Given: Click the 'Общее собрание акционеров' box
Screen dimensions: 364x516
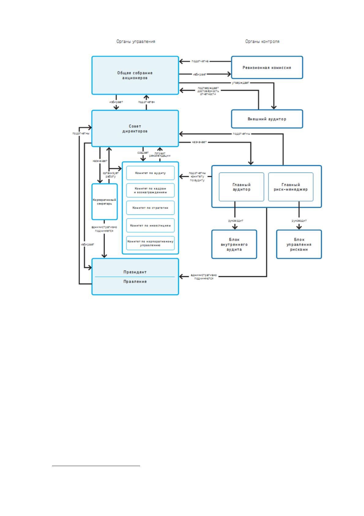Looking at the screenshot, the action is [135, 75].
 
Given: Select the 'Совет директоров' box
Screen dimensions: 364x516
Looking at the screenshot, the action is [135, 128].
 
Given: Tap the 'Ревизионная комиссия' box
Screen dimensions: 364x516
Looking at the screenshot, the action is [267, 67].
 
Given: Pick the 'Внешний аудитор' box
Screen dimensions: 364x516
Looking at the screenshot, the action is [267, 119].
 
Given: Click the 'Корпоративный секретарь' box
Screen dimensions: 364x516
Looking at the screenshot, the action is [105, 202].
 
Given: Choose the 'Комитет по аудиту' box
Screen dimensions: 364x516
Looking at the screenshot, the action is [150, 173].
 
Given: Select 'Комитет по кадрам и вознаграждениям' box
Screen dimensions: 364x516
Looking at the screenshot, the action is [150, 190].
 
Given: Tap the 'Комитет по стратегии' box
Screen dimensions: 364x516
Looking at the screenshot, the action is [150, 208].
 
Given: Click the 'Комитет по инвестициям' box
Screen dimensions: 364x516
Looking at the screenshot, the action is [150, 226].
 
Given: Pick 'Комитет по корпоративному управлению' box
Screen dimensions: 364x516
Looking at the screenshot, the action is [150, 243].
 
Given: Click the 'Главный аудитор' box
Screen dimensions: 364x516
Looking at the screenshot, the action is [241, 187].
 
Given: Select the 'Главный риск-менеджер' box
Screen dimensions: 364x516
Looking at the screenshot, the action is [291, 187].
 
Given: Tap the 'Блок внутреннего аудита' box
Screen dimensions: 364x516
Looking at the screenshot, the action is [234, 245].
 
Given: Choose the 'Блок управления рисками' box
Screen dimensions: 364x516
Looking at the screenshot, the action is [299, 245].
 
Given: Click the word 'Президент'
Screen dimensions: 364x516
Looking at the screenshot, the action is [135, 272].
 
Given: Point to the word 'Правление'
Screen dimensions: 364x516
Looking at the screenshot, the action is [135, 282].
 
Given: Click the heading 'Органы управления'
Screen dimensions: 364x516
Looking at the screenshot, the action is [136, 41].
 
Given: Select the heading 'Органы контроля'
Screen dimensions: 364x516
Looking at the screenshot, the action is [262, 41].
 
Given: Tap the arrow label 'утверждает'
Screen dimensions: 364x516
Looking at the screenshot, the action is [240, 83].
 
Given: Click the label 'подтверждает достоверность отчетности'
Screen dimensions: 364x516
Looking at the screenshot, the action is [208, 91].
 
